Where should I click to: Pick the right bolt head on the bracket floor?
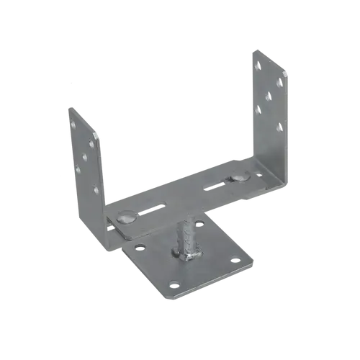pyautogui.click(x=240, y=175)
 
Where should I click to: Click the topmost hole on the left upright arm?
pyautogui.click(x=73, y=125)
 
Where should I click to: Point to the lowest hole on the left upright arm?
pyautogui.click(x=96, y=191)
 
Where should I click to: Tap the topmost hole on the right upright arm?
pyautogui.click(x=257, y=66)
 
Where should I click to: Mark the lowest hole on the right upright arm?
pyautogui.click(x=279, y=128)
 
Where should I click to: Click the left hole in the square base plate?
pyautogui.click(x=140, y=247)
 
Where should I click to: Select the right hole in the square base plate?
pyautogui.click(x=235, y=259)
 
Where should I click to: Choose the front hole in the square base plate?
pyautogui.click(x=174, y=285)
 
